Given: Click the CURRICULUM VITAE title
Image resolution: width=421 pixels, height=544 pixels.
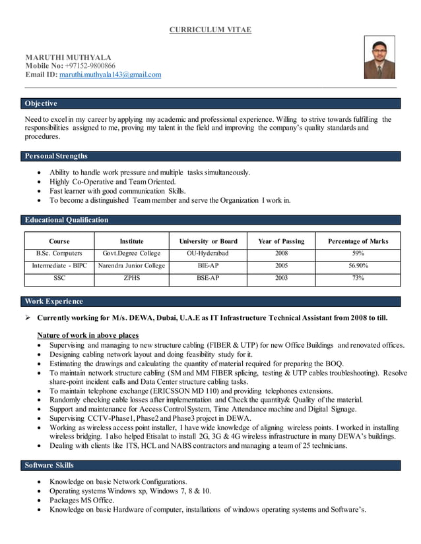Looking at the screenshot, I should pos(210,30).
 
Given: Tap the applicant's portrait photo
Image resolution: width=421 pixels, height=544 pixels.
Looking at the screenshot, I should pos(379,57).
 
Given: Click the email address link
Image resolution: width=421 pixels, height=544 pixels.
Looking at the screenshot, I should pos(110,75).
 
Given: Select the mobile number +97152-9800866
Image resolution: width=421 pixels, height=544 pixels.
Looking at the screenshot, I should pos(89,66).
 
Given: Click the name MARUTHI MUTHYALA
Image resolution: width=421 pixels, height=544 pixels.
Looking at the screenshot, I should pos(68,57).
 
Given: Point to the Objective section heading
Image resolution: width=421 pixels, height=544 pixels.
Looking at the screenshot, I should pos(41,103).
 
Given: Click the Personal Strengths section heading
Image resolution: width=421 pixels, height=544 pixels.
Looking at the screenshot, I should pos(56,156).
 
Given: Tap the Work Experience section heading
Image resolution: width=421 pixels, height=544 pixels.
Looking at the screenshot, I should pos(54,302).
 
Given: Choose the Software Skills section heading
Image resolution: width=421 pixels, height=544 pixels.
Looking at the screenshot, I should pos(49,466).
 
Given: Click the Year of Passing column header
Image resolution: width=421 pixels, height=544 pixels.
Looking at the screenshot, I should pos(281,241).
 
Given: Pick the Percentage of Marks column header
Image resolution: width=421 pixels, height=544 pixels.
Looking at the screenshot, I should pos(358,241).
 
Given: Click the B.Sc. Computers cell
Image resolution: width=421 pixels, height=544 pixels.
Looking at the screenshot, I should pos(59,253).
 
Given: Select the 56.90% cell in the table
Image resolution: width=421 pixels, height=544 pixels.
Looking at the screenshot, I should pos(358,266).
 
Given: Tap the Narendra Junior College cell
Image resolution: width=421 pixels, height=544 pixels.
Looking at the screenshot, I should pos(131,266).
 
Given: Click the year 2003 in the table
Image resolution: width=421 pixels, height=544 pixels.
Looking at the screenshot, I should pos(281,279).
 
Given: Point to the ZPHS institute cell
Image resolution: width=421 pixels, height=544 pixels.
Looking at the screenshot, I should pos(131,279).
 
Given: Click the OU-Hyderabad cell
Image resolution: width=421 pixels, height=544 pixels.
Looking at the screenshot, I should pos(207,253).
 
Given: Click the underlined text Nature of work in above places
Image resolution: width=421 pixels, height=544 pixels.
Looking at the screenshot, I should pos(87,335).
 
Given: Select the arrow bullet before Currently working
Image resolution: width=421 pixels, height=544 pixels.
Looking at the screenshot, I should pos(28,318).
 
